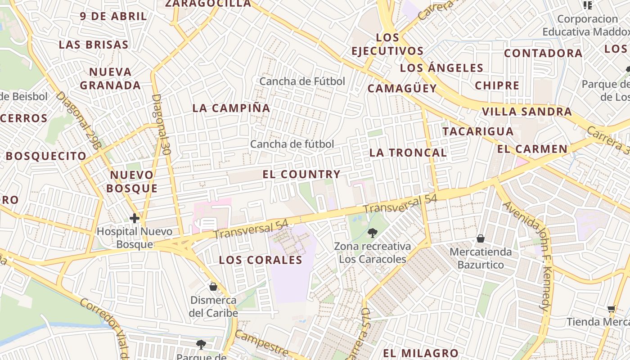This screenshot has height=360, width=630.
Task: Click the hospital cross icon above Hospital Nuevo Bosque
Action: click(134, 219)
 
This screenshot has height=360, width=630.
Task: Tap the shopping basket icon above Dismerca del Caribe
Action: click(213, 287)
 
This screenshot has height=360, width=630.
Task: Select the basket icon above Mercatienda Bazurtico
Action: click(481, 238)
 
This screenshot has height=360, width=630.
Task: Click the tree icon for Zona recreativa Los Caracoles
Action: click(372, 233)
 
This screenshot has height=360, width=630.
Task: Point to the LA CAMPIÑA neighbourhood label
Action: click(231, 108)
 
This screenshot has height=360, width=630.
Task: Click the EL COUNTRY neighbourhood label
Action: click(301, 174)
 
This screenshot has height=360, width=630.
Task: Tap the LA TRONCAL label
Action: click(408, 153)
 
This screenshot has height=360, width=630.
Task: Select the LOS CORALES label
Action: click(261, 260)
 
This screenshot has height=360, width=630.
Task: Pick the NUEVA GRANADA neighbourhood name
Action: click(110, 78)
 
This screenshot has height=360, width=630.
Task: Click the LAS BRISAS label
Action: click(94, 45)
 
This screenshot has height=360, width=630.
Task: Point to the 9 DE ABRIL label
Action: click(113, 16)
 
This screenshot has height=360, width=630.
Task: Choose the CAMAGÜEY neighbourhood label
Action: click(402, 88)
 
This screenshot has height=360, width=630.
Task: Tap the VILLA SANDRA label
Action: click(526, 112)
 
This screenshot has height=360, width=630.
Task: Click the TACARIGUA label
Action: click(478, 131)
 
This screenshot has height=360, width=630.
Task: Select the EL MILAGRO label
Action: click(420, 353)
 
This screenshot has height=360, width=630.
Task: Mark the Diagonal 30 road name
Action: click(161, 125)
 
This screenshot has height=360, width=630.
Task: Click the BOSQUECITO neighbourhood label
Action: click(46, 156)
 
